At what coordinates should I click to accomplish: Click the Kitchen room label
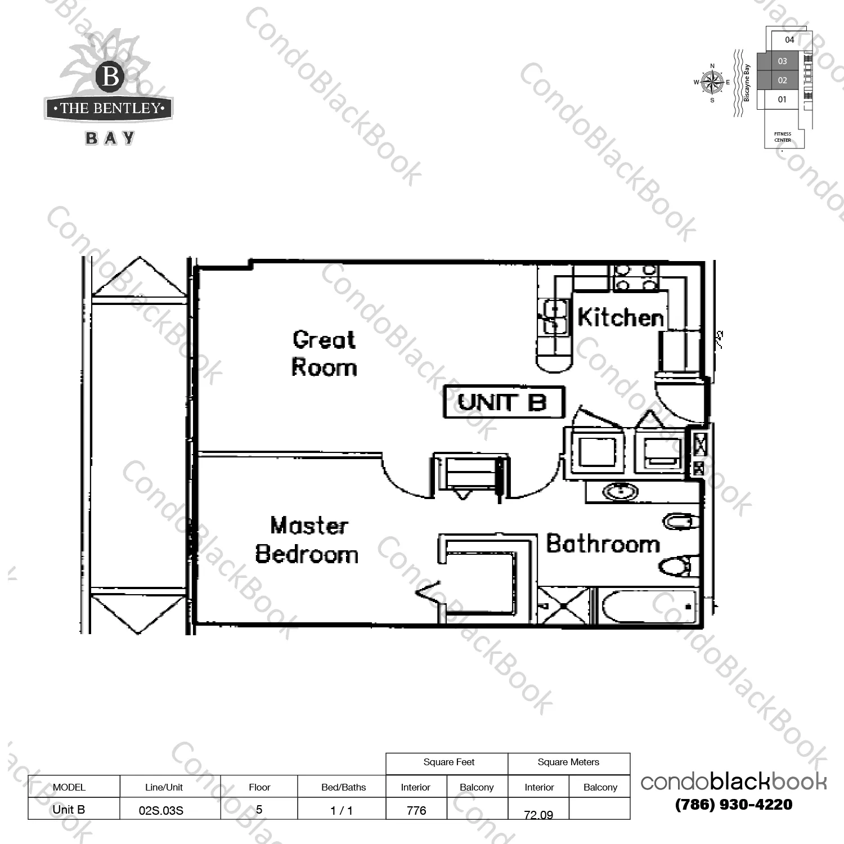coord(621,317)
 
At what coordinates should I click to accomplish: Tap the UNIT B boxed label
coord(504,402)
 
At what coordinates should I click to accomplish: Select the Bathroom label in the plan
coord(603,544)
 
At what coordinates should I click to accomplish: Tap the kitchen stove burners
coord(635,277)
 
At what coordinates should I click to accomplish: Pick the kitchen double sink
coord(555,317)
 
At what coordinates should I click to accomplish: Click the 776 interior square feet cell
coord(416,810)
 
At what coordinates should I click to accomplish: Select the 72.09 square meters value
coord(538,814)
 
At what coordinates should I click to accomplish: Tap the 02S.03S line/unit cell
coord(161,811)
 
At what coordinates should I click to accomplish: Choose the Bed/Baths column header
coord(343,787)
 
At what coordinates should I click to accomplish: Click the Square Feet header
coord(449,762)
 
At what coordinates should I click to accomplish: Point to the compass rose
coord(712,83)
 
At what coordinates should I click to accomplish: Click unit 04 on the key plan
coord(789,39)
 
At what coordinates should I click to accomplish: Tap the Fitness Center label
coord(783,137)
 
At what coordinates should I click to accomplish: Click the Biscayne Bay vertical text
coord(747,83)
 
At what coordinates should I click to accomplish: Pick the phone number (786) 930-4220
coord(734,805)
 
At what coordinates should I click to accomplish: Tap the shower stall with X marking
coord(563,605)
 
